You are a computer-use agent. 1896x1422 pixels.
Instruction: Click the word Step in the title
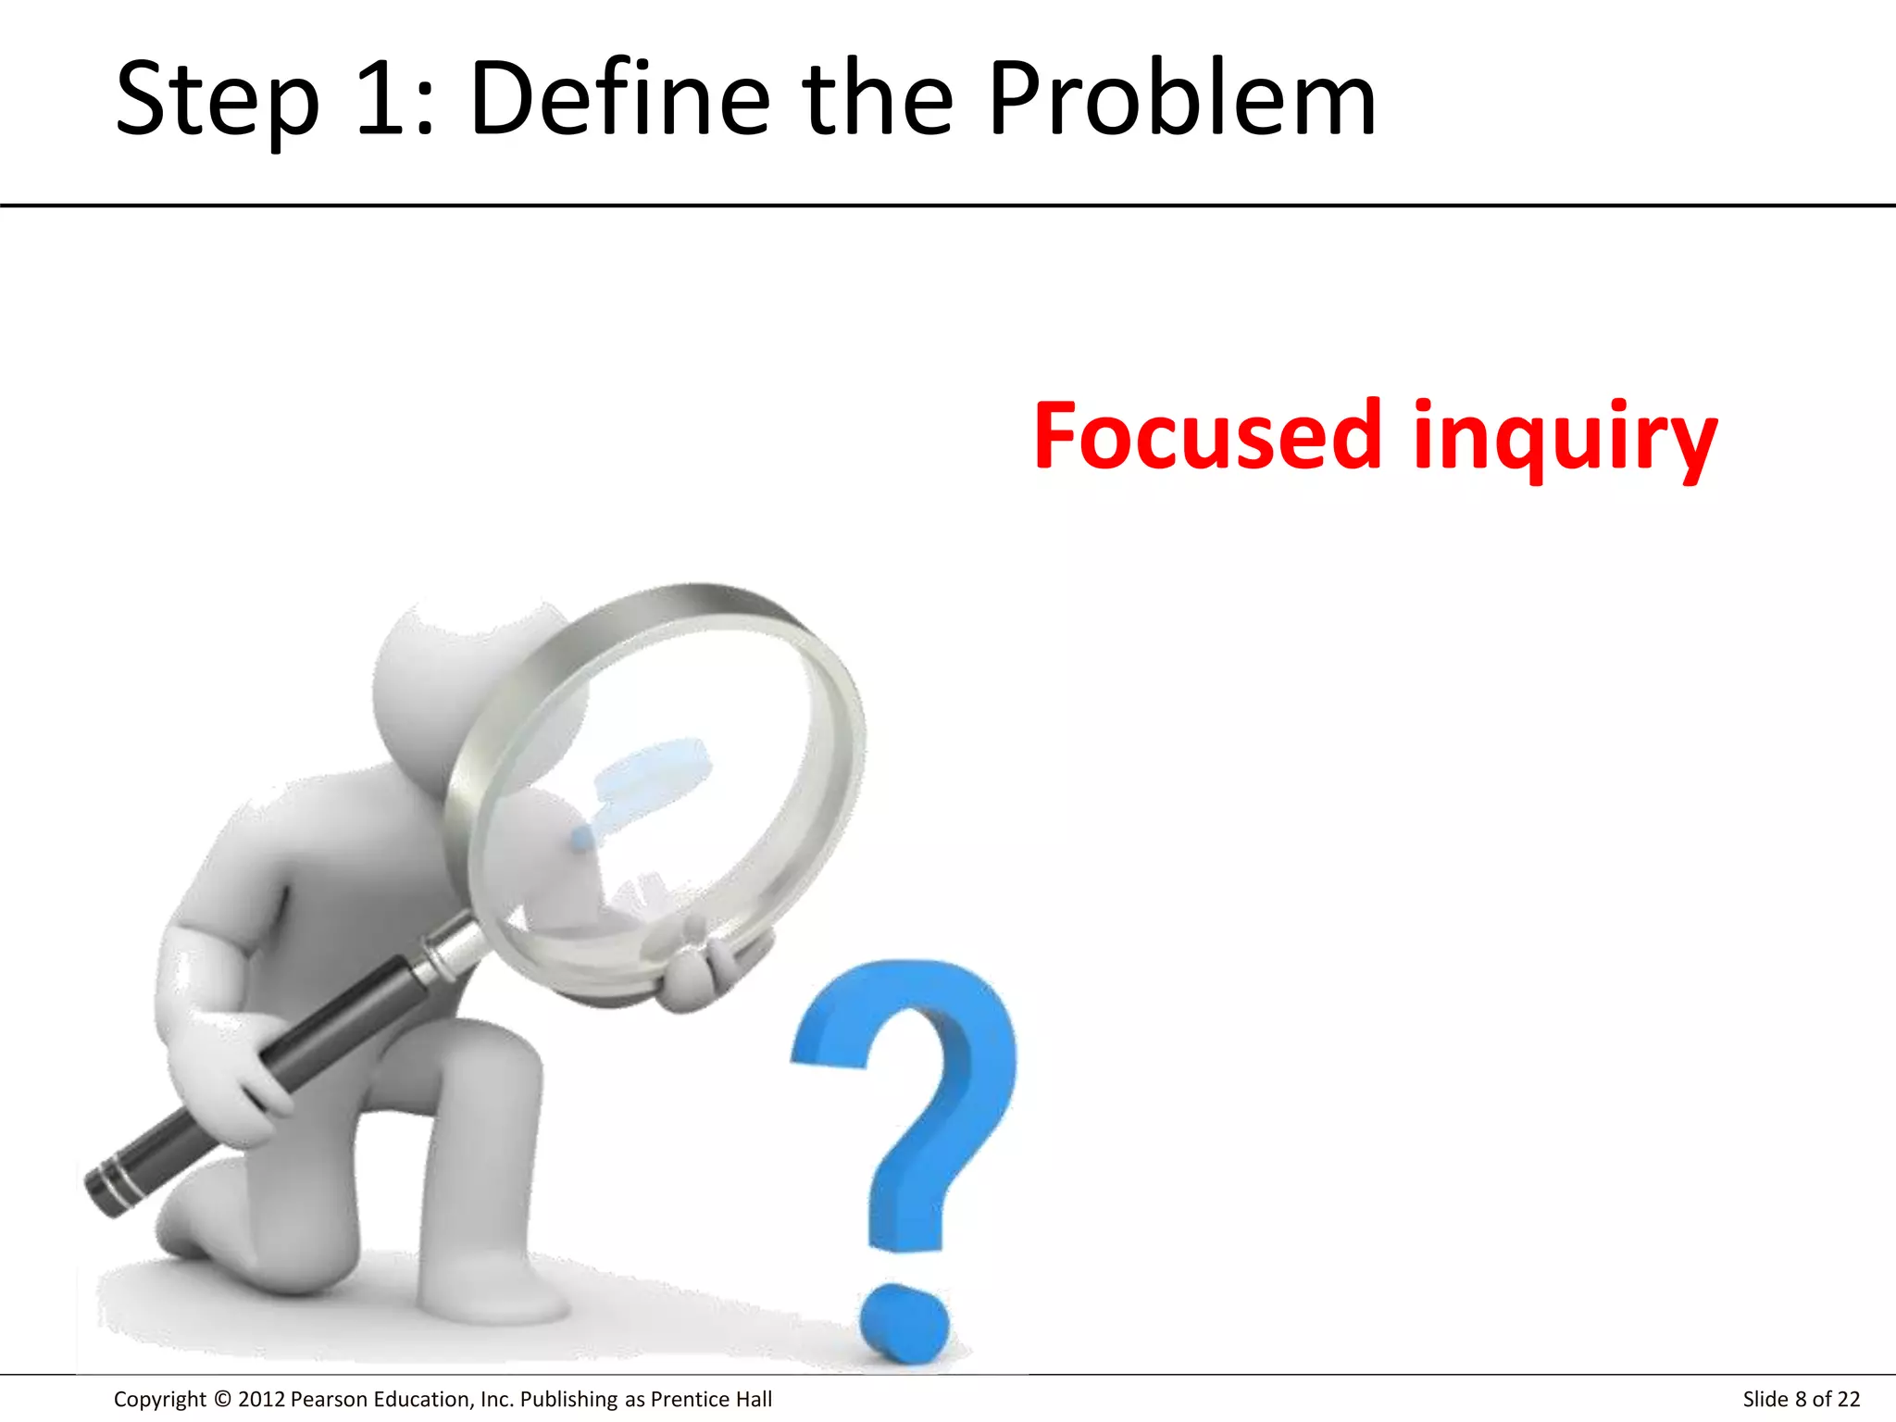point(217,100)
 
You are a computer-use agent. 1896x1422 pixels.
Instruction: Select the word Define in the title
point(619,98)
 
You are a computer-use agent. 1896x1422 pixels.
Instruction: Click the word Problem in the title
point(1182,98)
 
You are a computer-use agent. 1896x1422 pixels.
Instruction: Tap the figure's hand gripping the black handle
point(231,1065)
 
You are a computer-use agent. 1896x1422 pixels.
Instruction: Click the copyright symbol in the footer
point(222,1399)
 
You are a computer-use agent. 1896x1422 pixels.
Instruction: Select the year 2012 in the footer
point(262,1399)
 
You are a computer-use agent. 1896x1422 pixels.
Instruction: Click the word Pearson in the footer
point(330,1399)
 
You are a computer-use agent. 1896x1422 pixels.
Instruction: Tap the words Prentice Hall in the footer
point(711,1399)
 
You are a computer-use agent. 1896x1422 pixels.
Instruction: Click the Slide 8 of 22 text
point(1801,1399)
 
